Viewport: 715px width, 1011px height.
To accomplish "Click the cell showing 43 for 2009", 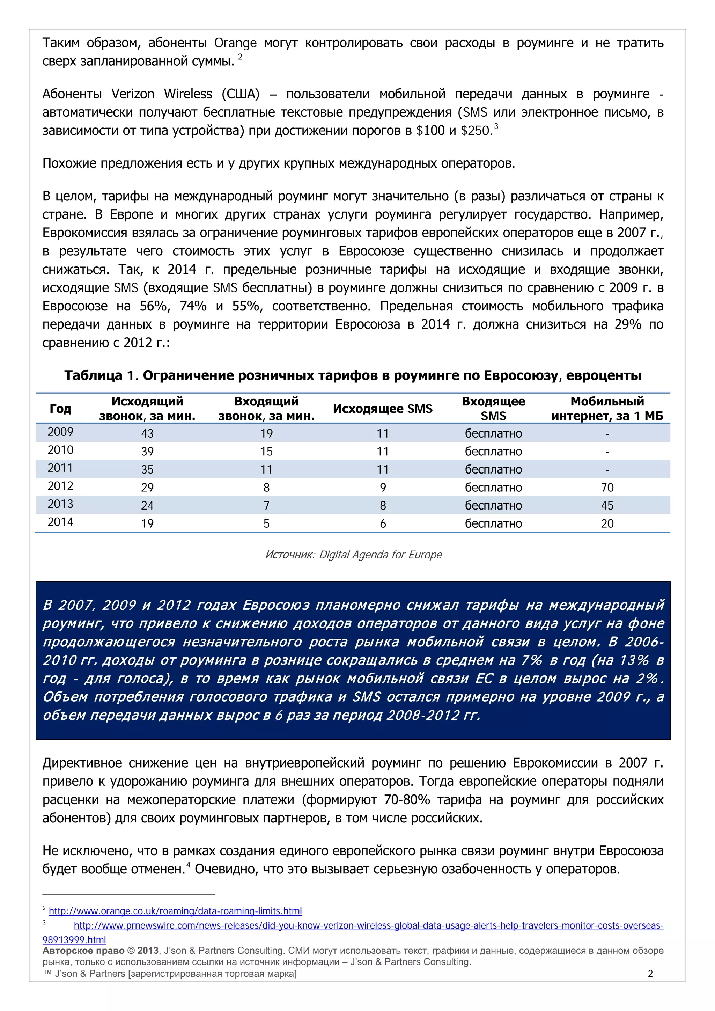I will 147,433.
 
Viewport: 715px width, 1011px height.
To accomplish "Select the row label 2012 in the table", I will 60,486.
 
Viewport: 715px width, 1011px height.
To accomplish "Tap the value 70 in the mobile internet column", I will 607,488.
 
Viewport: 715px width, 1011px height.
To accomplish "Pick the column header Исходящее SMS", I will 382,409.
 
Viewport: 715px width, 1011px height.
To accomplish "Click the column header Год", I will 60,409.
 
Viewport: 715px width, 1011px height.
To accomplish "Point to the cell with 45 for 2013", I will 607,506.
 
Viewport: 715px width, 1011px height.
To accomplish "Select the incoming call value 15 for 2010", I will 266,451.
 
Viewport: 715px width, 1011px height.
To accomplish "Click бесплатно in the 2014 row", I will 493,523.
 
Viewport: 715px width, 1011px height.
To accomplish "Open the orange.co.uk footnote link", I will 175,911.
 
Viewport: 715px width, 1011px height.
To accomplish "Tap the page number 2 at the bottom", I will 650,974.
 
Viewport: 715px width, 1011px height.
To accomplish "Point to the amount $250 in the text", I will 476,131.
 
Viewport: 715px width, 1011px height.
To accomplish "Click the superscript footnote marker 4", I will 189,865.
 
